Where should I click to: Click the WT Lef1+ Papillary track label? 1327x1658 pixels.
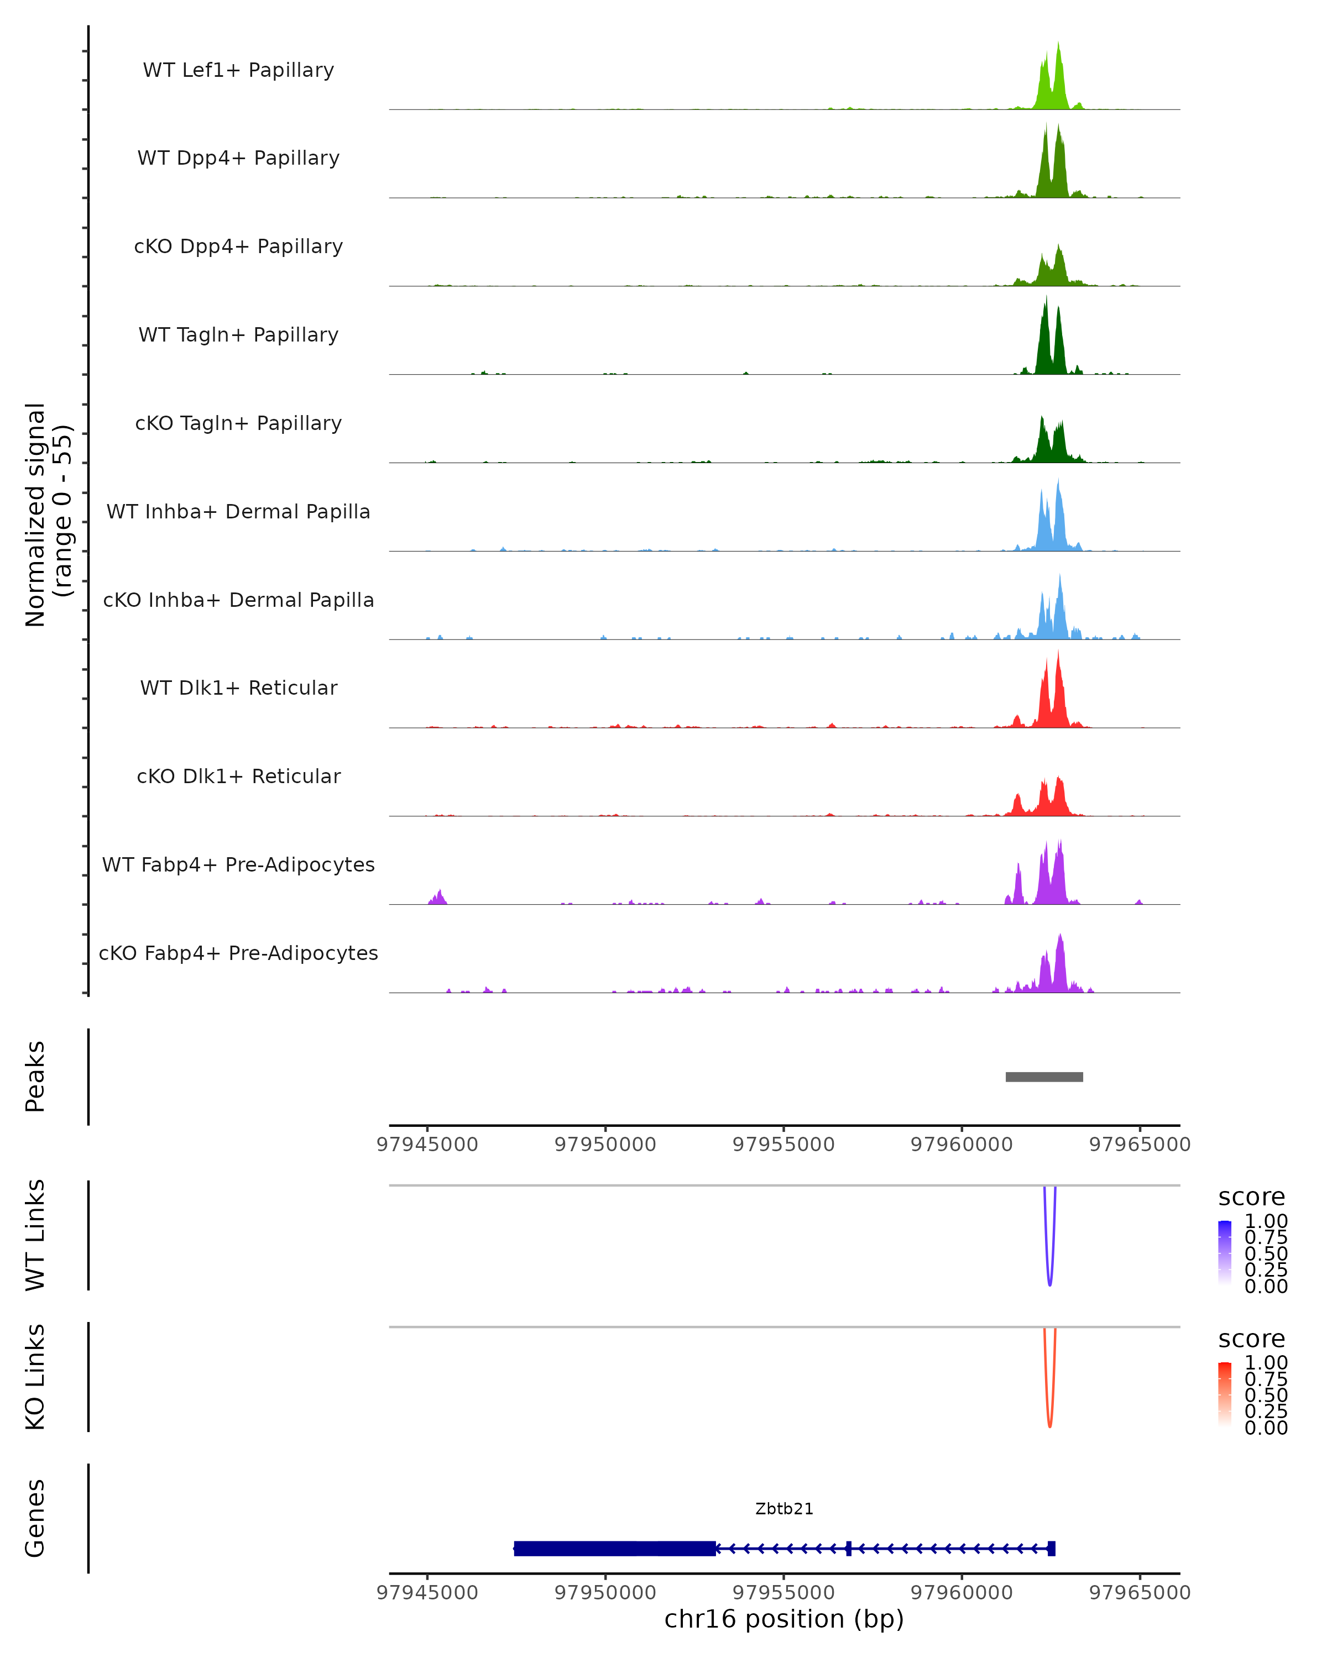238,70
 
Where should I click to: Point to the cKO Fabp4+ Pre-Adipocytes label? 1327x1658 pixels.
238,953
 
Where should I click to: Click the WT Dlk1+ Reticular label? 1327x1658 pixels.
238,688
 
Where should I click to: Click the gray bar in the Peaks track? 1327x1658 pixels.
1044,1077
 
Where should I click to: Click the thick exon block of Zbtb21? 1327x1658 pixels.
615,1548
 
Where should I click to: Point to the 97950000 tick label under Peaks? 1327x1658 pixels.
605,1145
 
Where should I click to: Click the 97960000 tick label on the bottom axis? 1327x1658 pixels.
962,1593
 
